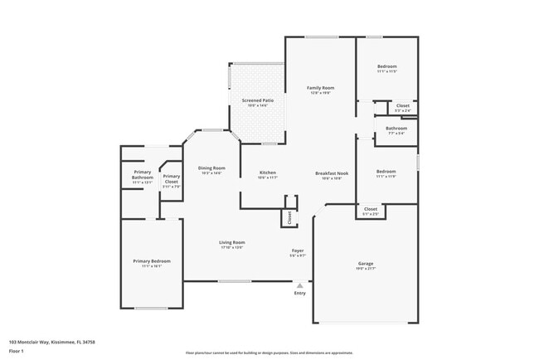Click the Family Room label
pos(320,87)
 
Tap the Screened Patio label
pos(257,100)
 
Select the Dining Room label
pos(211,168)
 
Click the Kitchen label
pos(267,172)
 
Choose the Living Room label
pos(231,242)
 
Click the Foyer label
pos(298,251)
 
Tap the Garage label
pos(366,263)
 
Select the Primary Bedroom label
pos(151,261)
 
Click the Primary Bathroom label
pos(142,174)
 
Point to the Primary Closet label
pos(172,178)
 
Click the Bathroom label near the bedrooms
pos(396,128)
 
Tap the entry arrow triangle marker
pos(300,285)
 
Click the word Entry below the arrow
pos(300,293)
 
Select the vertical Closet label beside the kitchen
pos(289,216)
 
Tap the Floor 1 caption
pos(16,351)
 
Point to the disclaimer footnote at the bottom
pos(269,353)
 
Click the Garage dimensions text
pos(366,268)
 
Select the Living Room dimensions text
pos(231,247)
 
